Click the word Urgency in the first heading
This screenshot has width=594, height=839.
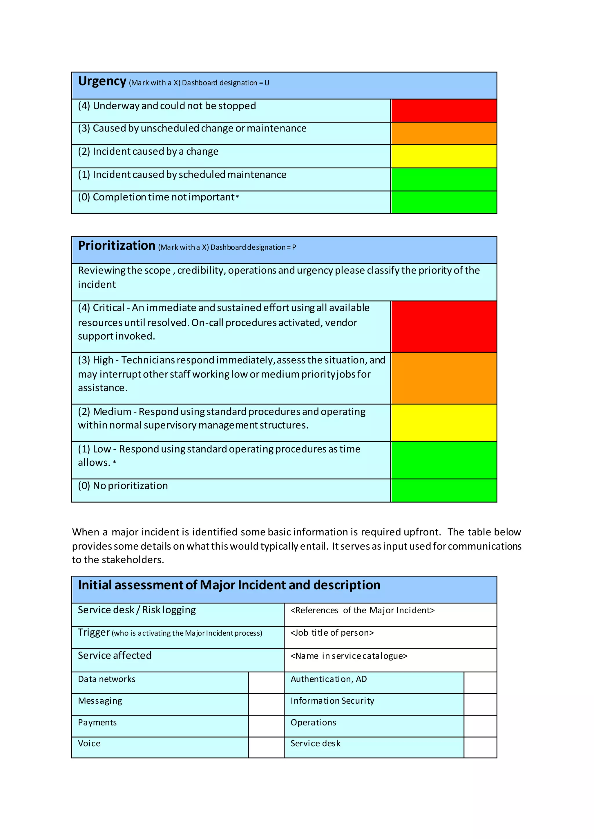102,81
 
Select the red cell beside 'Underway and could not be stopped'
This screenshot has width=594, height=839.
444,110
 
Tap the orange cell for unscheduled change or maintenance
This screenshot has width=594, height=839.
444,133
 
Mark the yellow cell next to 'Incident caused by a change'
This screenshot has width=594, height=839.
444,156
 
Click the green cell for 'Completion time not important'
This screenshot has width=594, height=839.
444,202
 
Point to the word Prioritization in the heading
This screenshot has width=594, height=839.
117,246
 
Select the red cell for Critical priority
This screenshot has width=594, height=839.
444,327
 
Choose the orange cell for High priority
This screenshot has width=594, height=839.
444,378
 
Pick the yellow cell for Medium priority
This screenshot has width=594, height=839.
444,423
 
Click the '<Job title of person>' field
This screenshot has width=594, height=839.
332,633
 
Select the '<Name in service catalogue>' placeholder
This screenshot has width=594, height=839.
349,656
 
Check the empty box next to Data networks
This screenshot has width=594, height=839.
266,683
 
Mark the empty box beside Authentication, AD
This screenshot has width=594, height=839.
480,683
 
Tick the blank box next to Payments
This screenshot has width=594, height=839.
266,726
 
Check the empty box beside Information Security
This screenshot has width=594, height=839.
480,704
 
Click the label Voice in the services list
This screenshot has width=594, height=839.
89,744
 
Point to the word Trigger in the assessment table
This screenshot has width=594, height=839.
94,632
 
